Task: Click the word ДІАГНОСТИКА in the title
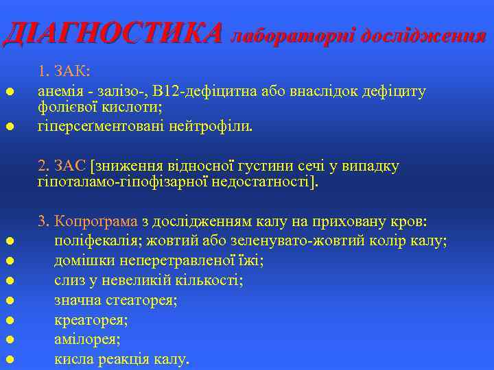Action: pyautogui.click(x=113, y=33)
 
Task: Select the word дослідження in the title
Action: pyautogui.click(x=423, y=35)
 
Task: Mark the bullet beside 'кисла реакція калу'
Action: pyautogui.click(x=10, y=359)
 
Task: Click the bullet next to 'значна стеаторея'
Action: pyautogui.click(x=10, y=300)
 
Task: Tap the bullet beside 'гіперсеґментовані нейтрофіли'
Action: pyautogui.click(x=10, y=127)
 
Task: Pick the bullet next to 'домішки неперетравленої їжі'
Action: pyautogui.click(x=10, y=261)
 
